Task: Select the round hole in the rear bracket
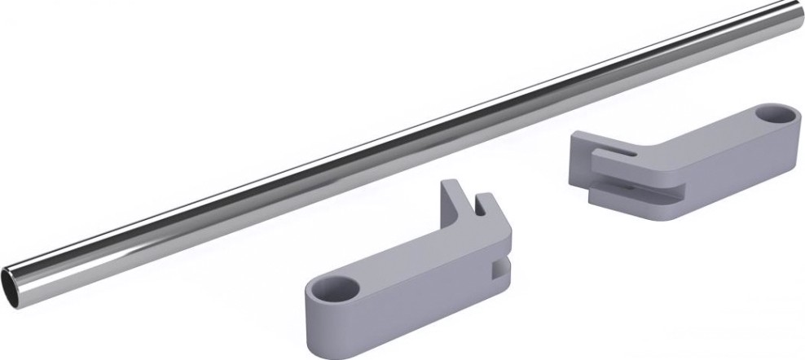tap(774, 116)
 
